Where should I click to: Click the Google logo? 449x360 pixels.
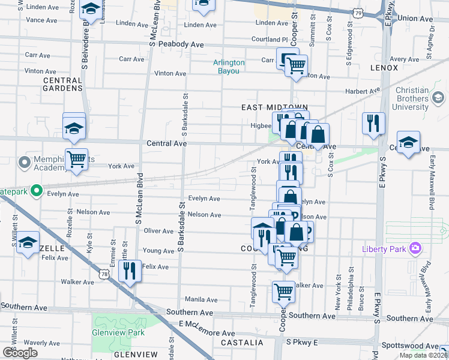tap(20, 353)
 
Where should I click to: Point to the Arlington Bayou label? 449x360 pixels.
tap(229, 67)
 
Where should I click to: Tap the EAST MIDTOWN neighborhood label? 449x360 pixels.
tap(266, 107)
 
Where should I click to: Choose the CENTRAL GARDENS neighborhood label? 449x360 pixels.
tap(62, 84)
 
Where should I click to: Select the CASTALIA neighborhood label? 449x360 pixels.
tap(242, 343)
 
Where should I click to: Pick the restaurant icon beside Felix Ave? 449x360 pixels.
tap(130, 271)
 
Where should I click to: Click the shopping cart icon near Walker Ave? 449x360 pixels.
tap(284, 292)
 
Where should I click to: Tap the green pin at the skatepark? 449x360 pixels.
tap(36, 191)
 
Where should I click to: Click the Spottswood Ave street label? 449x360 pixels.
tap(411, 346)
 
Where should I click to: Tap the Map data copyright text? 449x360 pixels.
tap(423, 355)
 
